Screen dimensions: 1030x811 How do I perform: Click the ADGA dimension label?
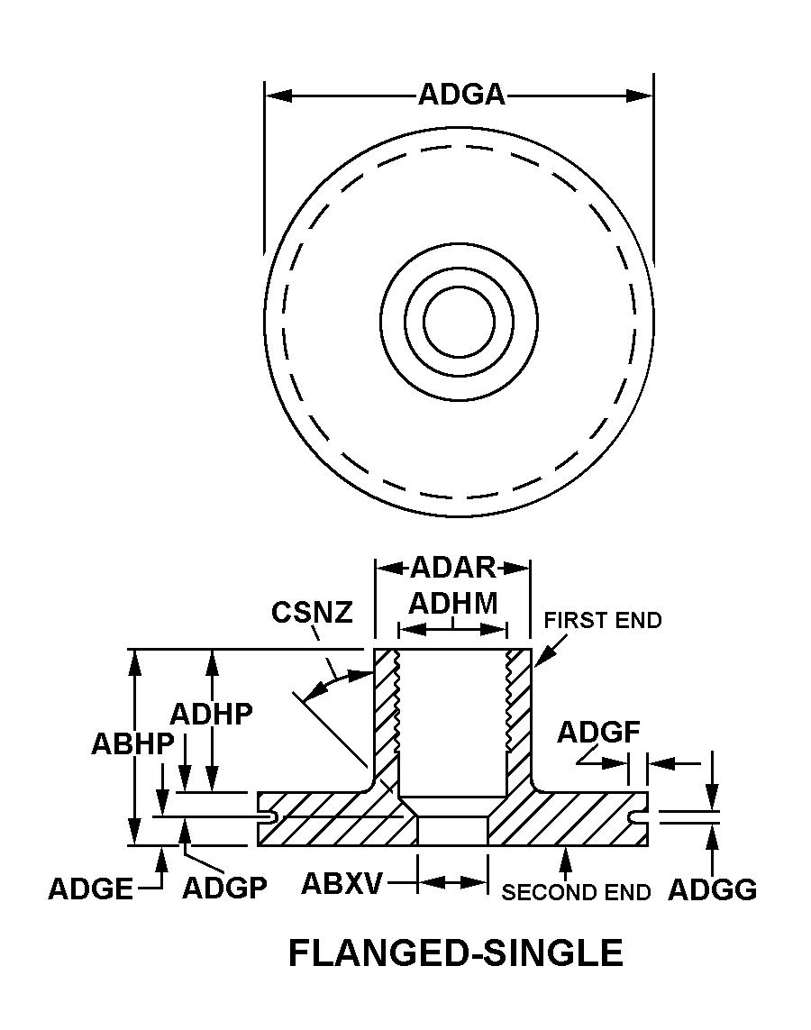click(460, 95)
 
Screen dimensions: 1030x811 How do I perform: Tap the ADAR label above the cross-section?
click(452, 569)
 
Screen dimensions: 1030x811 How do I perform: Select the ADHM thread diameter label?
click(452, 603)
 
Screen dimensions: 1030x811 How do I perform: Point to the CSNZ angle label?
click(311, 613)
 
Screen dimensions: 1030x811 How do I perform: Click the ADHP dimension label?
click(211, 714)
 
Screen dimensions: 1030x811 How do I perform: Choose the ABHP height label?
click(132, 744)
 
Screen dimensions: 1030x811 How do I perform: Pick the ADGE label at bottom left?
click(90, 889)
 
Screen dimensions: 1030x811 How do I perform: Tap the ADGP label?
click(224, 889)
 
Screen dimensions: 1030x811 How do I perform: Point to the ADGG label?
click(712, 890)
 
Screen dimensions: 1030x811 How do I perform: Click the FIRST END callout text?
click(603, 621)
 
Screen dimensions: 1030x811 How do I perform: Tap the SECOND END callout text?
click(576, 893)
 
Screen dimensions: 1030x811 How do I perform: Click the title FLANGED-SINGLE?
click(455, 953)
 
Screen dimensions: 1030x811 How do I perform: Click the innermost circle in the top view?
click(459, 322)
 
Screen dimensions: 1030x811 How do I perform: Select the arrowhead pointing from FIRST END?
click(539, 663)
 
